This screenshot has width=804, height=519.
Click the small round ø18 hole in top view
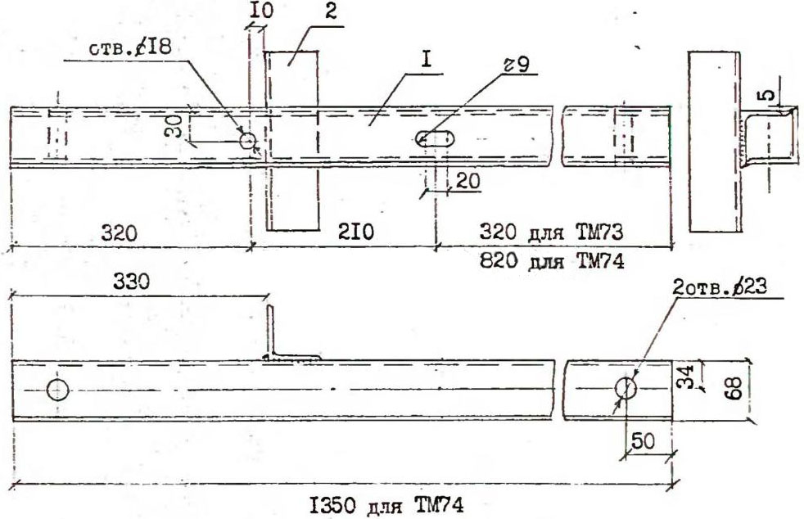click(248, 141)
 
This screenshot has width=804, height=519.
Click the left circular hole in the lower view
click(57, 390)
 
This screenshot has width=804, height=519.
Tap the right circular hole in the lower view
click(626, 388)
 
